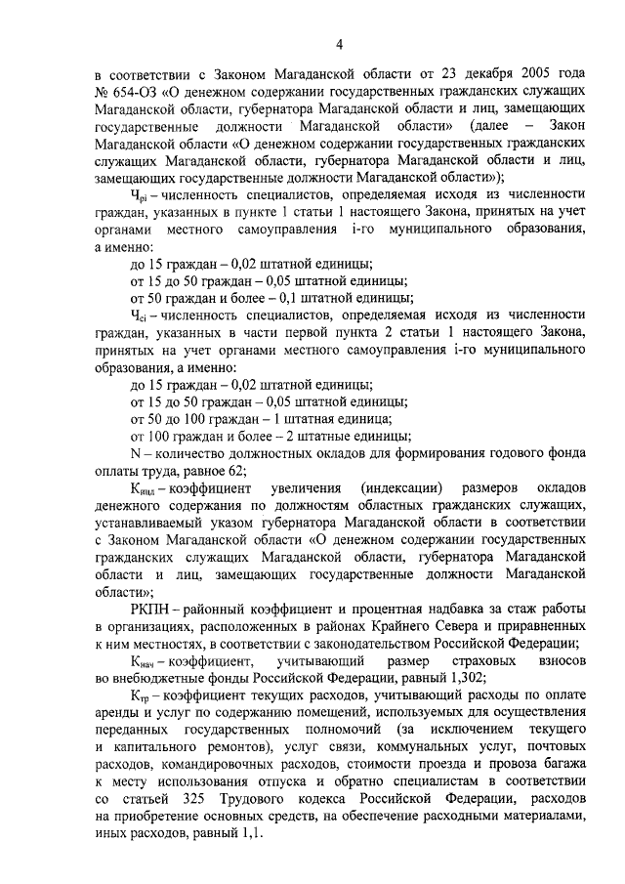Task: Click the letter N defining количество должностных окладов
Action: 136,452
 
